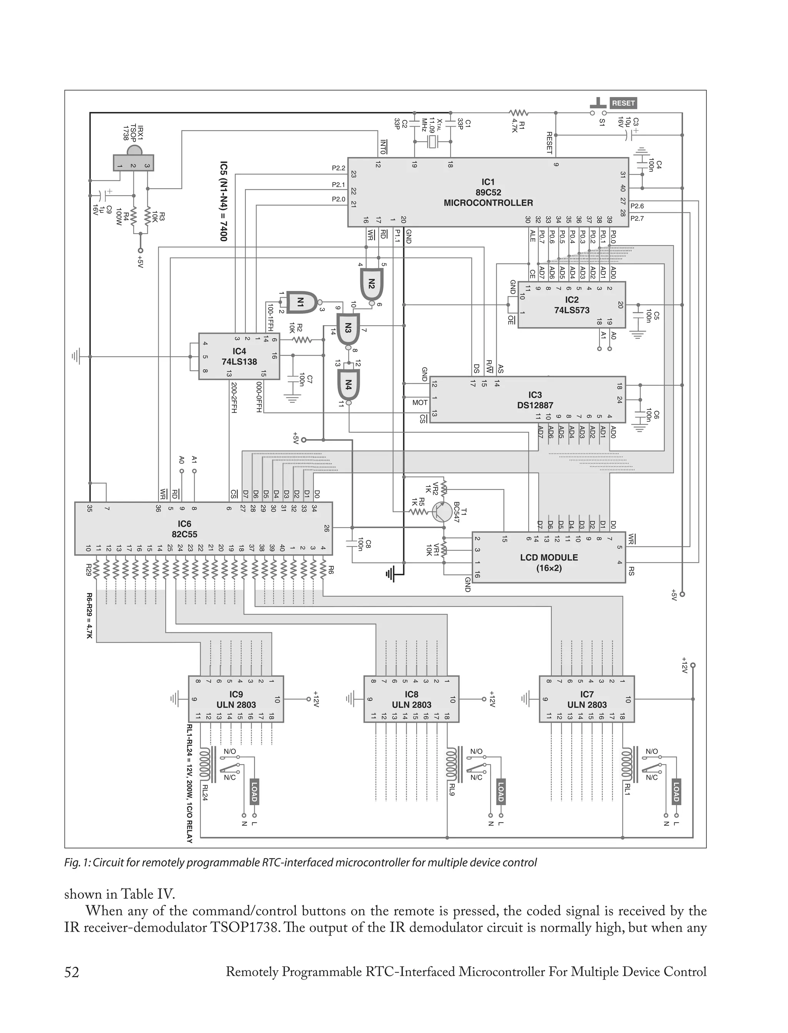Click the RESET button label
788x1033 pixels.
[623, 103]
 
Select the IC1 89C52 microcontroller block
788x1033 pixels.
[488, 192]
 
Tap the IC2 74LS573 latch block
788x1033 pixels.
[571, 305]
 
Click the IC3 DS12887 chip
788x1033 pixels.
[528, 399]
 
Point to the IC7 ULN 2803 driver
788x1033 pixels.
[587, 699]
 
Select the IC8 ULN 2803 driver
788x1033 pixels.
[411, 699]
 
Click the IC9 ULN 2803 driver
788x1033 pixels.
[236, 699]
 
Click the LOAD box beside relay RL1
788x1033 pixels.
[676, 792]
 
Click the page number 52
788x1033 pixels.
[72, 971]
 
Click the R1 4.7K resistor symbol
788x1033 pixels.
[518, 113]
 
